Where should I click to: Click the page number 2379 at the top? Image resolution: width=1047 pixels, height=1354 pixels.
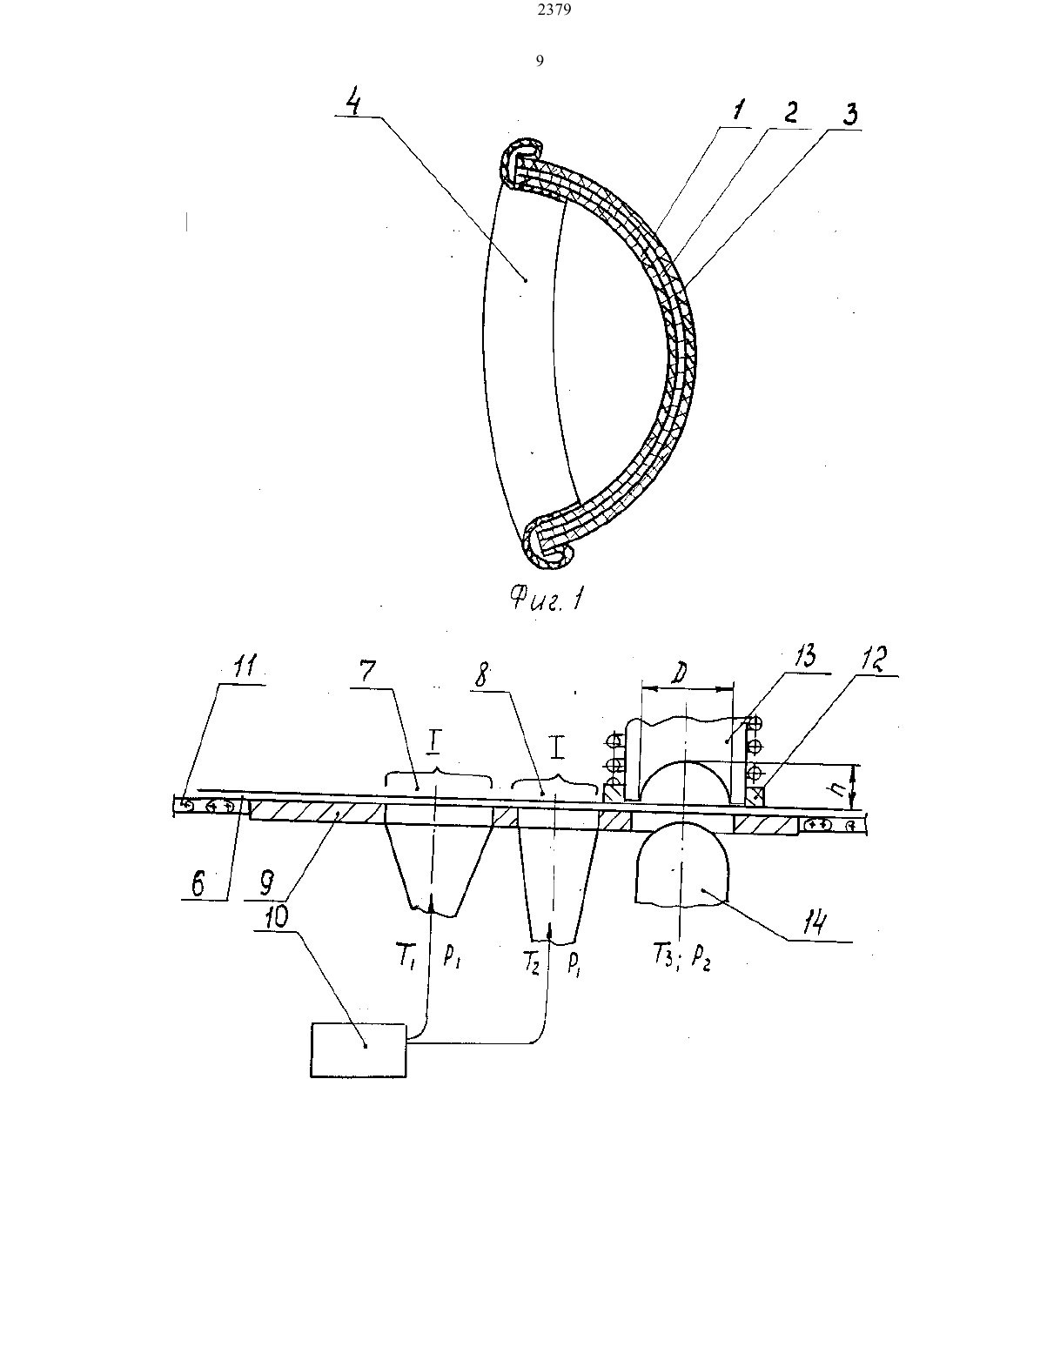point(554,10)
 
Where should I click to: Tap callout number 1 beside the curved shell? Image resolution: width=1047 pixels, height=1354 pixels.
point(738,111)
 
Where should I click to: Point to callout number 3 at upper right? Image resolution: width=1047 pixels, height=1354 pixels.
point(849,114)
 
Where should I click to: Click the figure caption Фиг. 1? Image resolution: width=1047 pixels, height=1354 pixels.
point(546,600)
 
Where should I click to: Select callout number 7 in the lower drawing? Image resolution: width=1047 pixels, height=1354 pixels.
point(367,672)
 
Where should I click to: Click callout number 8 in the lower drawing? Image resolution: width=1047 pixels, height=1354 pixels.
point(482,675)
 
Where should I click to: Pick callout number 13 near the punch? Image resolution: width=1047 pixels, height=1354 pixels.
point(804,657)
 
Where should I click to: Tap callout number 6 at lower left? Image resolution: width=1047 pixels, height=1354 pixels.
point(198,883)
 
